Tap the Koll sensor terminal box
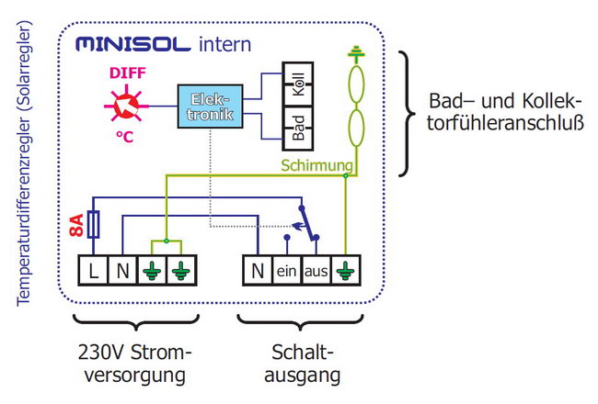(296, 89)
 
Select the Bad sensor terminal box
(296, 128)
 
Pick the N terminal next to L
(122, 271)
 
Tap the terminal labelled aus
(316, 271)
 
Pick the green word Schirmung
(316, 166)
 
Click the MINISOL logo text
(133, 44)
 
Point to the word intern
(224, 43)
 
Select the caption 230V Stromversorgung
(136, 364)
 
